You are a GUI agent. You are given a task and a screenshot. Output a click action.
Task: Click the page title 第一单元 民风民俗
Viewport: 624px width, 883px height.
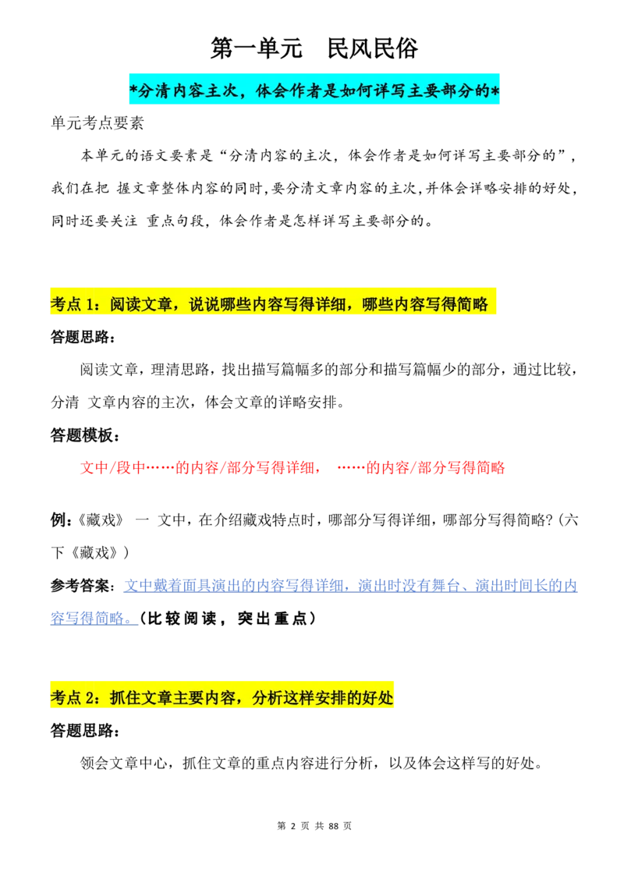click(x=314, y=48)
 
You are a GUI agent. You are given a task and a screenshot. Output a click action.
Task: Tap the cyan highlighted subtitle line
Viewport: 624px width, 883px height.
click(x=314, y=90)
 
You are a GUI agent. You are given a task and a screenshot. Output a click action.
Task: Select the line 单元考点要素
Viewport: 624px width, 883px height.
click(x=97, y=123)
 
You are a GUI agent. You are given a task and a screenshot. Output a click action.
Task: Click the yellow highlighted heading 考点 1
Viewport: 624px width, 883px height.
click(x=273, y=304)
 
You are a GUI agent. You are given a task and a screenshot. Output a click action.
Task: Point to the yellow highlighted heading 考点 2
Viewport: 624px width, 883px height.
click(x=222, y=697)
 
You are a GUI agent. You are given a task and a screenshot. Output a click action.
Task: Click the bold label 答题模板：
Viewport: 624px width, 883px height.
click(x=85, y=435)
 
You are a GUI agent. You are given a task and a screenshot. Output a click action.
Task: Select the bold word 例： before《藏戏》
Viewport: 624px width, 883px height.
click(x=62, y=520)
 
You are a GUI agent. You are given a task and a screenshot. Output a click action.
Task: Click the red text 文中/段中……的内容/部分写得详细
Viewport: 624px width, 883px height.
click(x=201, y=468)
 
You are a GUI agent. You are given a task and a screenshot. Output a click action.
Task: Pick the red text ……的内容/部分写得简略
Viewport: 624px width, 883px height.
click(x=420, y=468)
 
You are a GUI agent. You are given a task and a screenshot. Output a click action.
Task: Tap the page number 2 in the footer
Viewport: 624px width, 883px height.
click(x=292, y=825)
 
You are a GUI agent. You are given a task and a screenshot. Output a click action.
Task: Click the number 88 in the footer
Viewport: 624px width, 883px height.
click(x=333, y=825)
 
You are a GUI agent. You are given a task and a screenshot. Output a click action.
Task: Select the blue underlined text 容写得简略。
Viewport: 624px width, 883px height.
click(x=94, y=619)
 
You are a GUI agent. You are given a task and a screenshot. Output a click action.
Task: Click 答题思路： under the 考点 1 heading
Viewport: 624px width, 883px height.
click(x=83, y=337)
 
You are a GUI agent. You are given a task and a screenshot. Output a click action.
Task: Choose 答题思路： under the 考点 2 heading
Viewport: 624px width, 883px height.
click(x=85, y=731)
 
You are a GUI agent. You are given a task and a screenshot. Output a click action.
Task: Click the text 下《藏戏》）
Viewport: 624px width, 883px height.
click(x=90, y=552)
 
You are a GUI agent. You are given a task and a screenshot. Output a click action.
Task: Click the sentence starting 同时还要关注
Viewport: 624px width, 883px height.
click(x=243, y=221)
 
